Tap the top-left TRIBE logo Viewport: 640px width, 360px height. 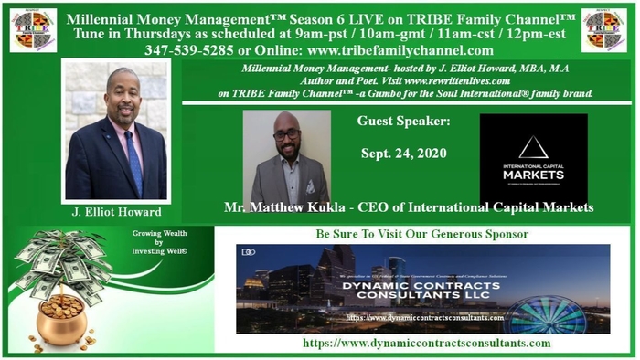[32, 30]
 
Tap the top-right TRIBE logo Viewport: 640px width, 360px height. [605, 30]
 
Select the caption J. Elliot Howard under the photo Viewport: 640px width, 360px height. [115, 211]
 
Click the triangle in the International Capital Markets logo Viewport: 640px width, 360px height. [533, 146]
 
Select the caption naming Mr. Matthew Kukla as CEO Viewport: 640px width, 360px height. [409, 208]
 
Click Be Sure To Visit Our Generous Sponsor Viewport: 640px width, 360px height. [421, 234]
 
